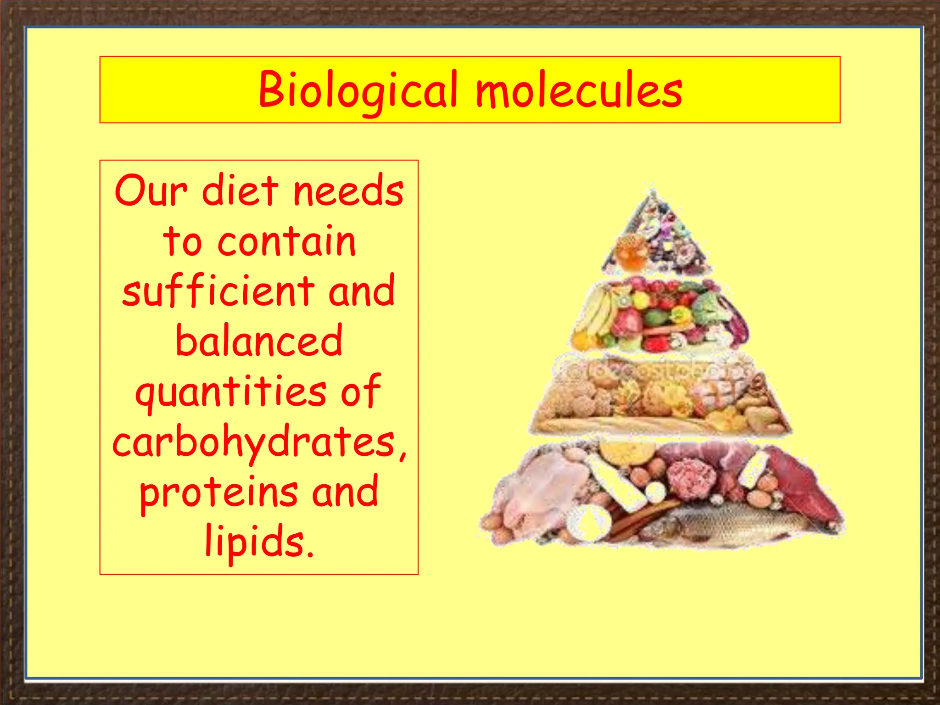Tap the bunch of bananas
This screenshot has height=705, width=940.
coord(597,312)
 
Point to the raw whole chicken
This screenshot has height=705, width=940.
coord(546,487)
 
